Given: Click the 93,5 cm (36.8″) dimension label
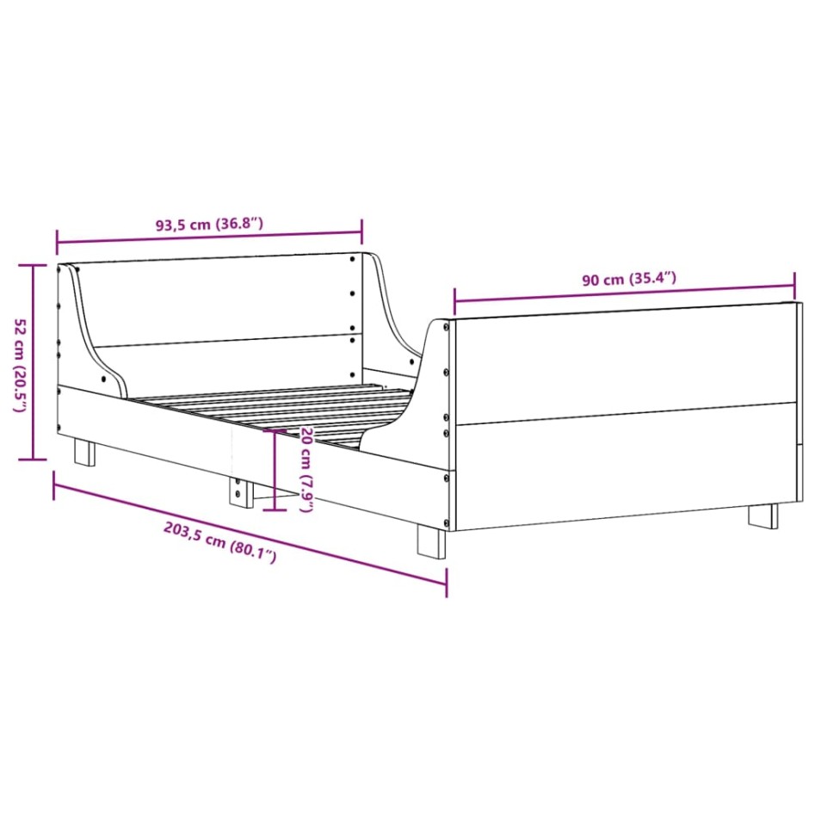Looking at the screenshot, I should pyautogui.click(x=209, y=225).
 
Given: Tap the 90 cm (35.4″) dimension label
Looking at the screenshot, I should pyautogui.click(x=628, y=279).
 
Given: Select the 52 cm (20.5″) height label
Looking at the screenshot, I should pyautogui.click(x=19, y=366).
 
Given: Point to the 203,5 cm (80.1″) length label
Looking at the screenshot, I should pyautogui.click(x=219, y=543).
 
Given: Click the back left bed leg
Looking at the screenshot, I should pyautogui.click(x=84, y=452).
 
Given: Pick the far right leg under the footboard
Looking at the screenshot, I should pyautogui.click(x=762, y=516).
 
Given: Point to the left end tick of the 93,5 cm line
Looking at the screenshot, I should pyautogui.click(x=57, y=238).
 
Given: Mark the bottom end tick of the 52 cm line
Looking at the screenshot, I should pyautogui.click(x=33, y=460).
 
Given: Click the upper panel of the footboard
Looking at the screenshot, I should pyautogui.click(x=624, y=361).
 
